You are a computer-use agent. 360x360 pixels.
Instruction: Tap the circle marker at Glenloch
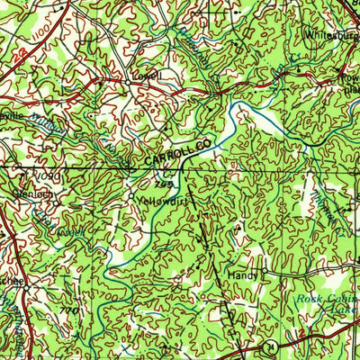7,191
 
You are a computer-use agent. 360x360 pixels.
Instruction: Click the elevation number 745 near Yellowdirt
163,184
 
